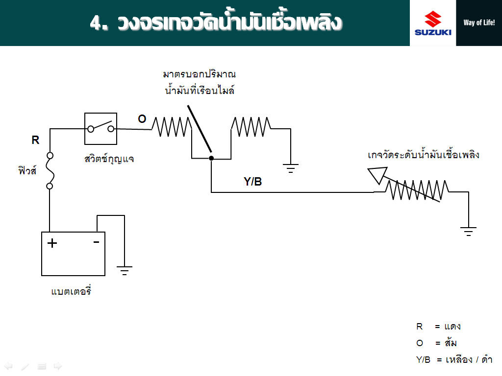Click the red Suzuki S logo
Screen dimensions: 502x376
point(433,19)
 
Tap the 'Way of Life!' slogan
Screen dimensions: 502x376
point(479,23)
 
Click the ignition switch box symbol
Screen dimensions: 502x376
point(100,129)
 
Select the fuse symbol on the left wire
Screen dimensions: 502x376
point(50,171)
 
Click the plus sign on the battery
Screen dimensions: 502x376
point(52,243)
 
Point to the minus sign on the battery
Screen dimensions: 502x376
point(96,242)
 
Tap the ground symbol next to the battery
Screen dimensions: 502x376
point(124,270)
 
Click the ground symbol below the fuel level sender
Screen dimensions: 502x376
point(468,232)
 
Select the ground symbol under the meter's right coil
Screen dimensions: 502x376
point(290,168)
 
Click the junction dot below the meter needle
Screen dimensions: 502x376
point(211,158)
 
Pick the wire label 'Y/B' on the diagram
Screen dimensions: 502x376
point(252,182)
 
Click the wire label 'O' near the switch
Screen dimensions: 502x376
point(142,119)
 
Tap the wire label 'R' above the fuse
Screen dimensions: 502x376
point(35,140)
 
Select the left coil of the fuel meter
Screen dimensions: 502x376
point(172,127)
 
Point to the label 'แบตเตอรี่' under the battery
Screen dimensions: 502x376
point(71,290)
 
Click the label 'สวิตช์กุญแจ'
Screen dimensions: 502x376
point(109,159)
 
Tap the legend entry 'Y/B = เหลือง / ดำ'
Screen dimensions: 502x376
point(454,359)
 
